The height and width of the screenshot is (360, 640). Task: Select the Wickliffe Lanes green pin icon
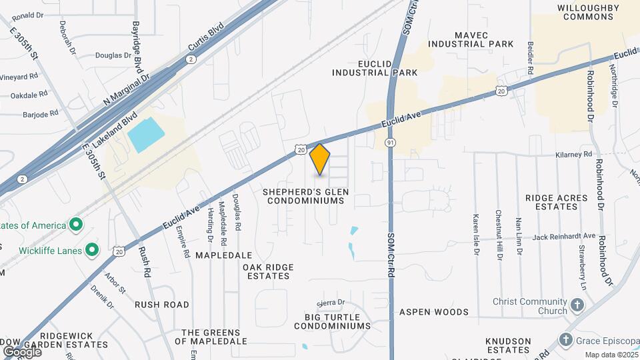[93, 251]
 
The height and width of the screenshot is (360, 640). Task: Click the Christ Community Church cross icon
[577, 306]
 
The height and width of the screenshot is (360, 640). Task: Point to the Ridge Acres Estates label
[556, 202]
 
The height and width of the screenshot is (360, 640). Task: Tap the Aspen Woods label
[434, 312]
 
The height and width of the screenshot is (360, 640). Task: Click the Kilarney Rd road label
[574, 154]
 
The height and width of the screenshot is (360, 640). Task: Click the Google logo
[22, 351]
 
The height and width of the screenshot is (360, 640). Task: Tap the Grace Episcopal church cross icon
[566, 339]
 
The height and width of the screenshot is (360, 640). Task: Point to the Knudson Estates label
[508, 345]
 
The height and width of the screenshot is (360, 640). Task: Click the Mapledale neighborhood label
[223, 255]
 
